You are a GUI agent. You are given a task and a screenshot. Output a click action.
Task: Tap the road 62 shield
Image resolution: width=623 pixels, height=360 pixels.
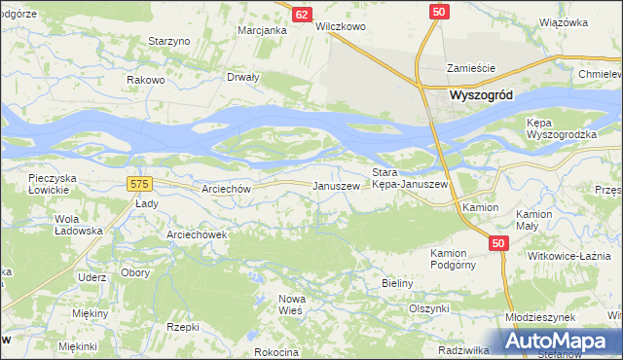point(302,14)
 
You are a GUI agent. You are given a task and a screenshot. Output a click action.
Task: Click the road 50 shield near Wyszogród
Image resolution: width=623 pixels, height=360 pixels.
point(439,11)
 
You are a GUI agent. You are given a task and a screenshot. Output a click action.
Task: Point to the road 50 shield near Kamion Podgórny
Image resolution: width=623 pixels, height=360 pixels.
point(498,243)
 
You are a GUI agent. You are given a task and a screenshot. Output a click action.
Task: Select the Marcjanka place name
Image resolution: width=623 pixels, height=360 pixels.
point(262,30)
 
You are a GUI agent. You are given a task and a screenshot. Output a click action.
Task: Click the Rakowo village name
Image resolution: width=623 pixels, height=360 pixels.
point(145,80)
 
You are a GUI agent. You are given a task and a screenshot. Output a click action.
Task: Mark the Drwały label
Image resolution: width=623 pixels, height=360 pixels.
point(242,77)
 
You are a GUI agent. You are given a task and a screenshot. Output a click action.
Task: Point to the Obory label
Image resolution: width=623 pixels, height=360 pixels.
point(135,272)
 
